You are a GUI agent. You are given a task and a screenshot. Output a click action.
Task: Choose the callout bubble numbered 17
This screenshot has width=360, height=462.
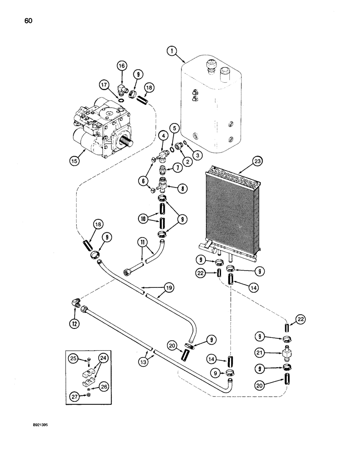[x=104, y=85]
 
